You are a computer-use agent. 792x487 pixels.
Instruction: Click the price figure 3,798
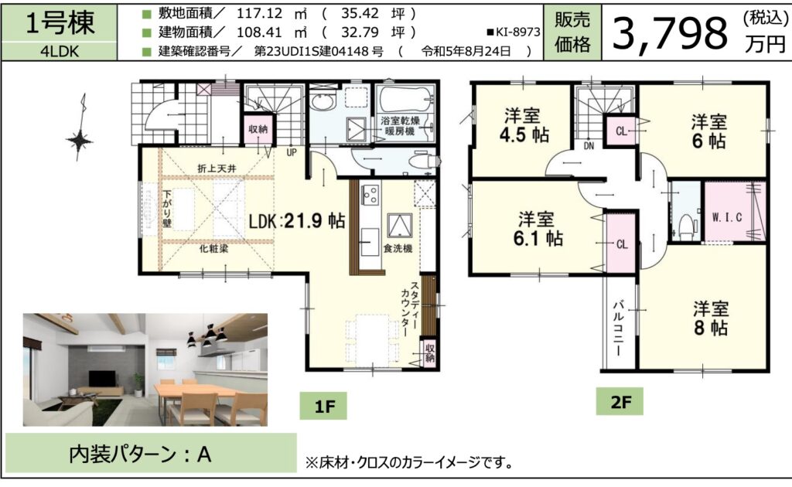671,32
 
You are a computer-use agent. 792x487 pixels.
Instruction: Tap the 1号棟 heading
60,23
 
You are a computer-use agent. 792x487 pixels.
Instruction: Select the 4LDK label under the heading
60,52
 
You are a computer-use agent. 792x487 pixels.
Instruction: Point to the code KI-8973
514,32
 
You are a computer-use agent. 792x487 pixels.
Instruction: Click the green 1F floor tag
323,406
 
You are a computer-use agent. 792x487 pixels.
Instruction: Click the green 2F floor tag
620,402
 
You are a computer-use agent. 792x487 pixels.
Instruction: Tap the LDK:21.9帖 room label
297,220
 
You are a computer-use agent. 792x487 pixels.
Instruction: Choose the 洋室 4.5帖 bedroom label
524,126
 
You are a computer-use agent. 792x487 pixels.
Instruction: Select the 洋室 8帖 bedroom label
710,318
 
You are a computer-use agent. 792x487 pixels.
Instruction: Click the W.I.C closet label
727,217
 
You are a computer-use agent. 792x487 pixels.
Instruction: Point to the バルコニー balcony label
618,329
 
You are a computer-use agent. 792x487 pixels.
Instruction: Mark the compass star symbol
80,140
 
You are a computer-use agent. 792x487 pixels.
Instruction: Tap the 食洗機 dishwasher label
398,248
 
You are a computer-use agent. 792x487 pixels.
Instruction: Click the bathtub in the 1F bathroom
405,100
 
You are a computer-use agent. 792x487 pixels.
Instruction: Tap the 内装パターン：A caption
140,455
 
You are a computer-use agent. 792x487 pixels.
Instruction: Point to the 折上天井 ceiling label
217,169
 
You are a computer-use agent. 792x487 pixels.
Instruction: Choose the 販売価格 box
572,32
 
